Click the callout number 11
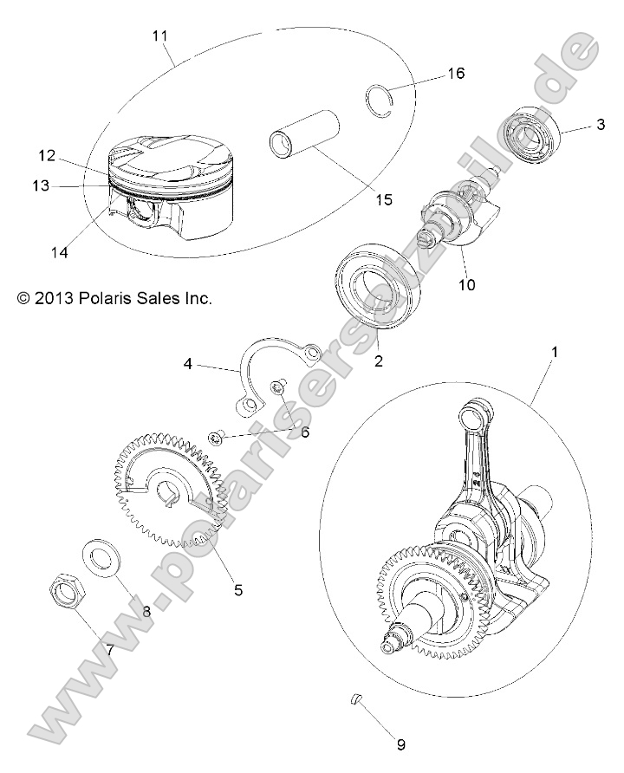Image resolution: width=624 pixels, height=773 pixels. click(x=159, y=36)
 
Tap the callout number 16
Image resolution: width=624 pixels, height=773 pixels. click(x=455, y=74)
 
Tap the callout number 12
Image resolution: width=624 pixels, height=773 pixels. click(x=47, y=156)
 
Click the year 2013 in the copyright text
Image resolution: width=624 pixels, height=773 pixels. click(x=51, y=298)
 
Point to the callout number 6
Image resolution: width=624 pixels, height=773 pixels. click(x=305, y=432)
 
